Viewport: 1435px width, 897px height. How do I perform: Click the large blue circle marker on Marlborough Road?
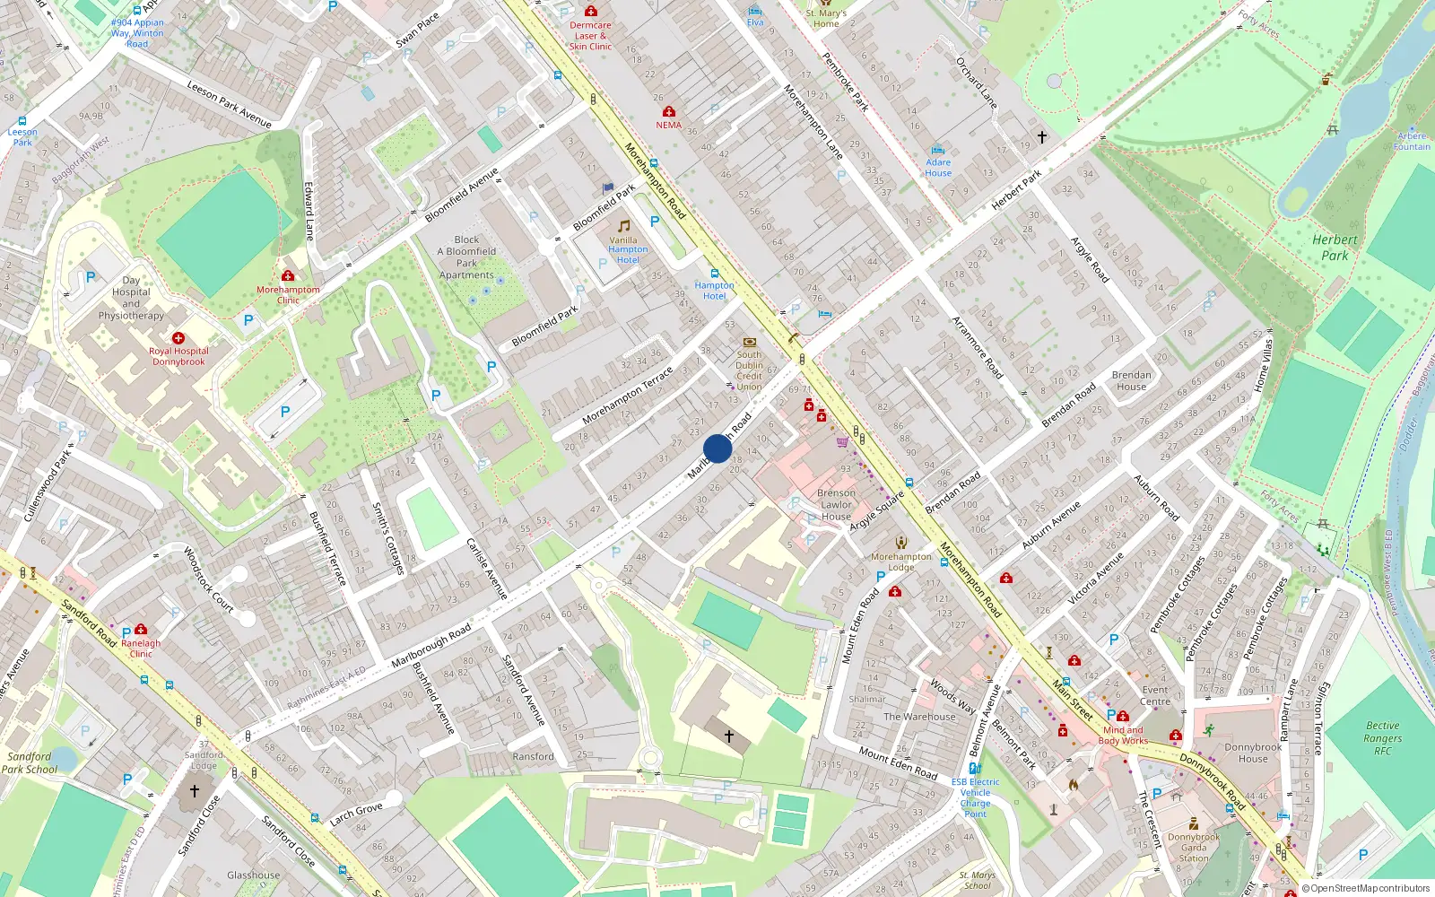(x=717, y=448)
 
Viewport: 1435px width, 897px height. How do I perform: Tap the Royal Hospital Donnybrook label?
(x=178, y=356)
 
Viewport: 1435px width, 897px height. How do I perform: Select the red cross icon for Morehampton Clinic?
(x=288, y=275)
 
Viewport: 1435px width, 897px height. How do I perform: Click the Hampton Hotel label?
(x=714, y=291)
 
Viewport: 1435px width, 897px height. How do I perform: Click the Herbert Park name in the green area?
(x=1335, y=247)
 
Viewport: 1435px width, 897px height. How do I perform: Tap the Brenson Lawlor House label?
(x=836, y=505)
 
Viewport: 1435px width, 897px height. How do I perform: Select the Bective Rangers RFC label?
(x=1382, y=737)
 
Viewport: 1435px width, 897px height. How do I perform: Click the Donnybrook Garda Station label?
(x=1194, y=847)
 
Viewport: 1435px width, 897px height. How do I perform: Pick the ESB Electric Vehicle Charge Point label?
(x=975, y=797)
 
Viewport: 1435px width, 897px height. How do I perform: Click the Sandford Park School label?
(x=29, y=762)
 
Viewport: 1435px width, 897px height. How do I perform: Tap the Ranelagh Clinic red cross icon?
(x=141, y=630)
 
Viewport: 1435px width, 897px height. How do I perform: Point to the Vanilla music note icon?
(x=623, y=226)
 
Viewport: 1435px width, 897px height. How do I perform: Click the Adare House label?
(x=938, y=168)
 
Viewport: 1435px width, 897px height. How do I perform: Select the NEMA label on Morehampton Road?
(x=668, y=125)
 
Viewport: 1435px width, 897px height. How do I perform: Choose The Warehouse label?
(x=919, y=717)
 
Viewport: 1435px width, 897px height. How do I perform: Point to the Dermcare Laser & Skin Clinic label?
(x=590, y=36)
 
